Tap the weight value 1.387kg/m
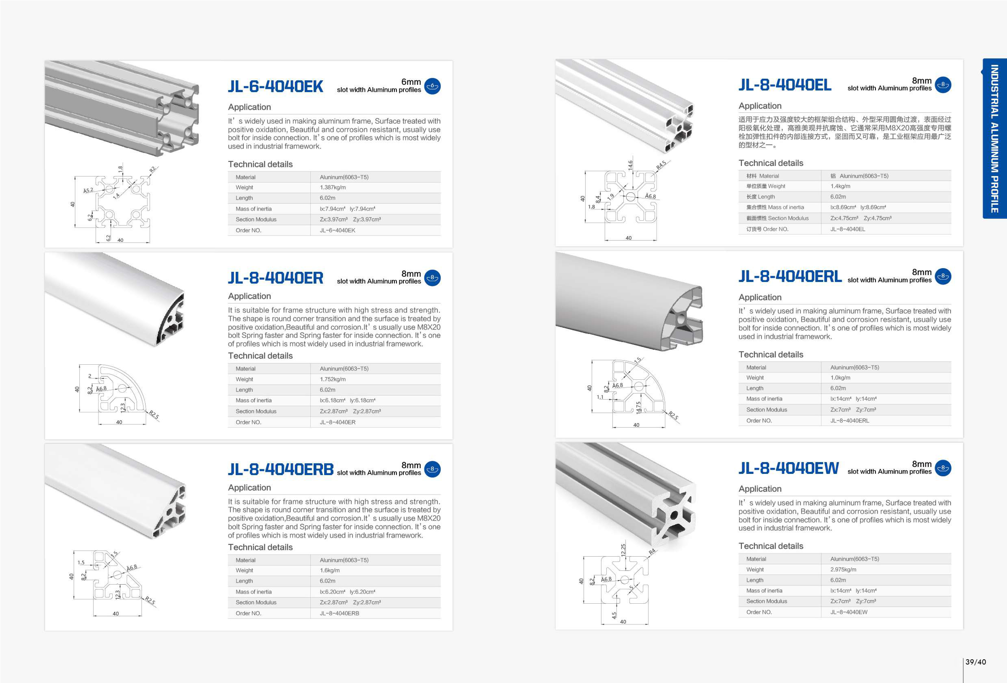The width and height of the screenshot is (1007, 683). pyautogui.click(x=332, y=187)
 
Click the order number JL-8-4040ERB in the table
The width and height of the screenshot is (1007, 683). pyautogui.click(x=339, y=613)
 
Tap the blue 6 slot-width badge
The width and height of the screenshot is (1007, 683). pyautogui.click(x=432, y=86)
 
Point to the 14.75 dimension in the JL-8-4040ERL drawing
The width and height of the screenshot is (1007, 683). pyautogui.click(x=638, y=408)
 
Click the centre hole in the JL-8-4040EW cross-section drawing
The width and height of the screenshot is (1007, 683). pyautogui.click(x=624, y=580)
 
